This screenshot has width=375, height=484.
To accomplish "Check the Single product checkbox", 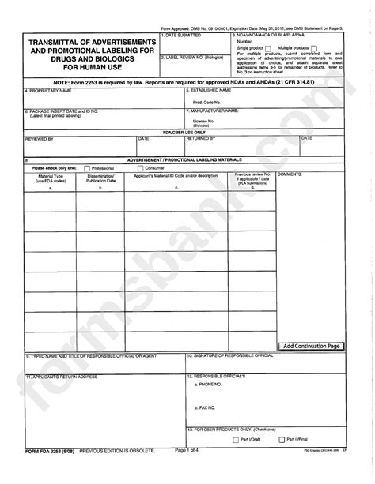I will tap(269, 48).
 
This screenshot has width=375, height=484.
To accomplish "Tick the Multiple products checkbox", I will tap(314, 48).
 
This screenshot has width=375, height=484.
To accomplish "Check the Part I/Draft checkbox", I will tap(236, 440).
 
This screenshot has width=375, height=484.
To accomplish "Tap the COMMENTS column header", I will tap(292, 174).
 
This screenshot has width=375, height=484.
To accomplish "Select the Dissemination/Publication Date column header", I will tap(100, 178).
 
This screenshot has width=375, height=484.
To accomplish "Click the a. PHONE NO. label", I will tap(212, 383).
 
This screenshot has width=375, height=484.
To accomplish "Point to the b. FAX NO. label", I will tap(208, 407).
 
